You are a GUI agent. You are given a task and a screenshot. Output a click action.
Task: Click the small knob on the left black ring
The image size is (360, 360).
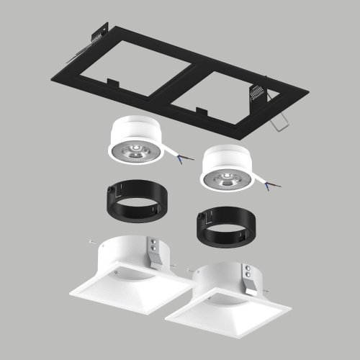tap(108, 192)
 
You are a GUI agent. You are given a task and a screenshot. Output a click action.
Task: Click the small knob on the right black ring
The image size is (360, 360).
tap(197, 220)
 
